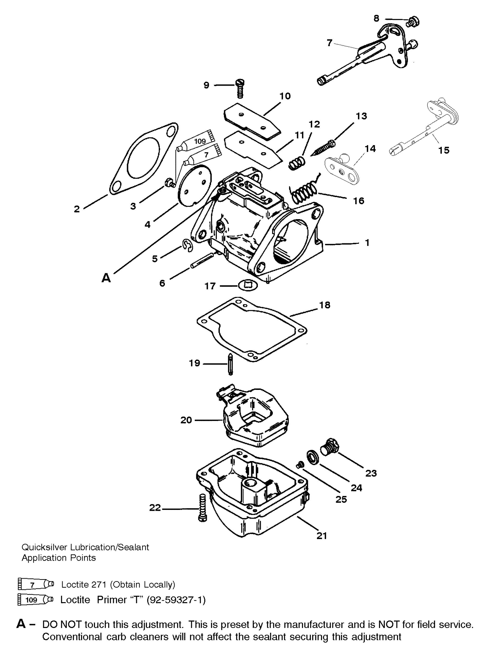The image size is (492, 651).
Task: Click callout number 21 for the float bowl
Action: tap(321, 536)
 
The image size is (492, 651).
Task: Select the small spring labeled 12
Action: tap(297, 162)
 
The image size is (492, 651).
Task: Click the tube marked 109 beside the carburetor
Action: tap(195, 142)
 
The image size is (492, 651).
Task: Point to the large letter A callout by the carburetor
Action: tap(106, 278)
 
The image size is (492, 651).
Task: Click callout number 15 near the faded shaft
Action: tap(444, 150)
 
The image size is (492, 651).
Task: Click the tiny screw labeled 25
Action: tap(300, 465)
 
